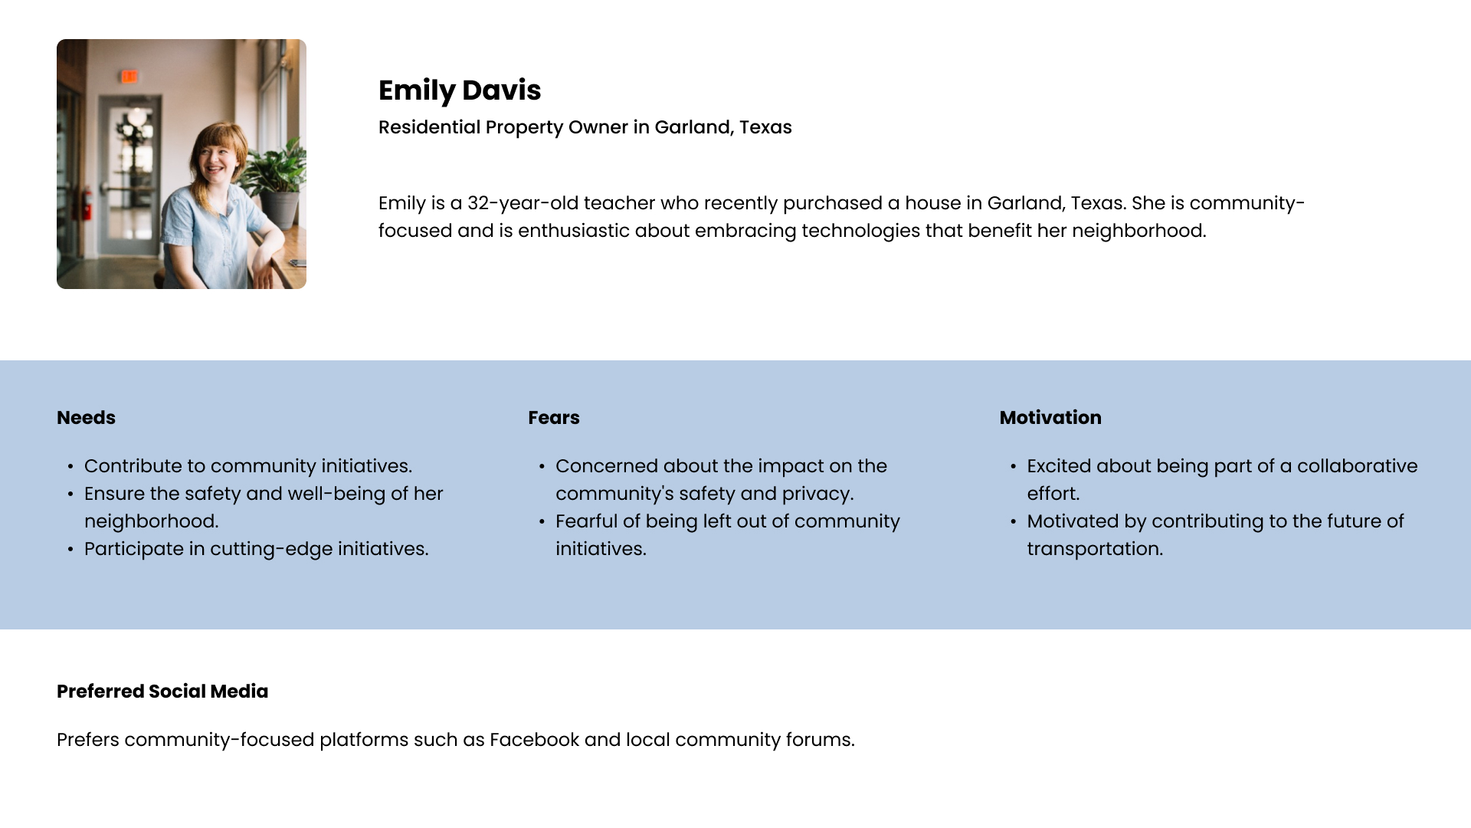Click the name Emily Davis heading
pos(460,90)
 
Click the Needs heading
pos(86,418)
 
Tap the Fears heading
pos(554,418)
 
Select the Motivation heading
pos(1050,418)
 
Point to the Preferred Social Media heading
pos(162,692)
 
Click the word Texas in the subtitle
pos(765,127)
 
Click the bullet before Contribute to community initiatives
pos(70,467)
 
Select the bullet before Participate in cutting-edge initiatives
pos(70,550)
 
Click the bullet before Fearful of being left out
pos(542,522)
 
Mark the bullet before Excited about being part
pos(1014,467)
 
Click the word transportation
pos(1095,549)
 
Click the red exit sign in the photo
pos(129,77)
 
